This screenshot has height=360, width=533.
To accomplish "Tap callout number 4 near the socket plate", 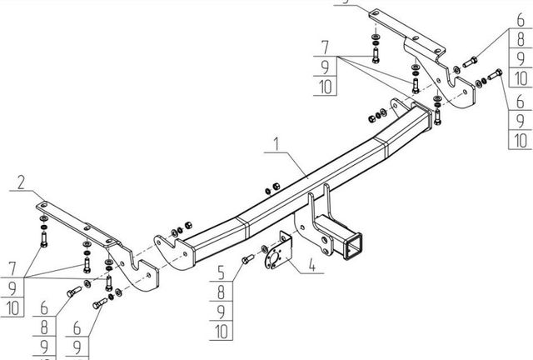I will [311, 267].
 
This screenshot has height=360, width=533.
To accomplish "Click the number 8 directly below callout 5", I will [222, 292].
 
